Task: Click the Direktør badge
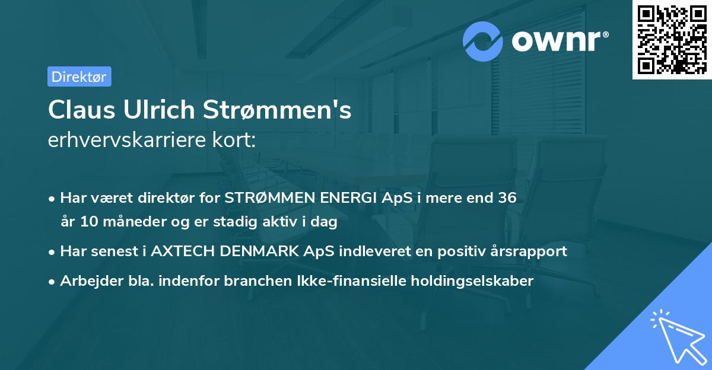[x=79, y=76]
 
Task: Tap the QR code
[x=672, y=39]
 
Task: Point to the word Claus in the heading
[x=82, y=110]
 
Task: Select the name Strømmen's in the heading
[x=278, y=110]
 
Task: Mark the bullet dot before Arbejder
[x=53, y=281]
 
